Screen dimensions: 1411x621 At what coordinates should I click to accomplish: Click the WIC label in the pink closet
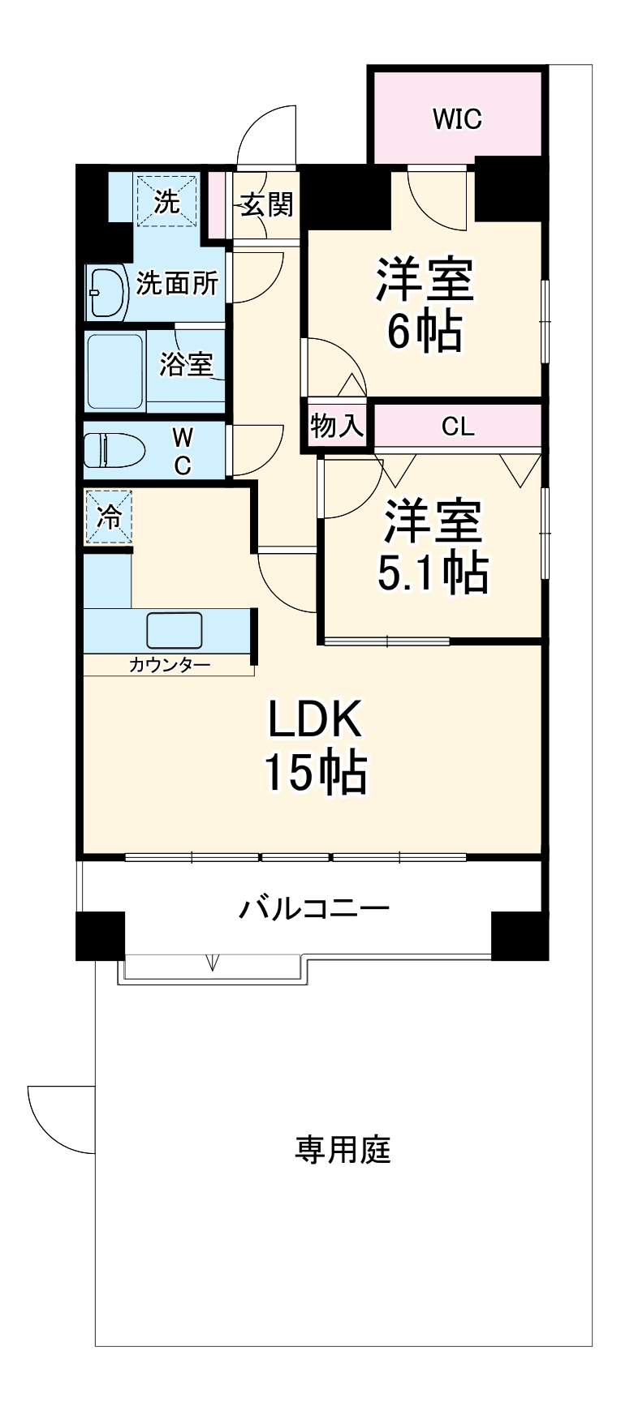pyautogui.click(x=457, y=119)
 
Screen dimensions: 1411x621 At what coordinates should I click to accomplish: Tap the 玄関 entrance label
pyautogui.click(x=266, y=204)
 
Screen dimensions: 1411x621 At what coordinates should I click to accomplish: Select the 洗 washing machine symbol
pyautogui.click(x=166, y=201)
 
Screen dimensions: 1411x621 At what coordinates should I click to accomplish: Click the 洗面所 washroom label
pyautogui.click(x=177, y=283)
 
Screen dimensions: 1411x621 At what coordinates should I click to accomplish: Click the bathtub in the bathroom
pyautogui.click(x=114, y=371)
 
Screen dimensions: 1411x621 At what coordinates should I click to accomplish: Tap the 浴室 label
pyautogui.click(x=186, y=364)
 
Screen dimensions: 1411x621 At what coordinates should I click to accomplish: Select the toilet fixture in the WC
pyautogui.click(x=114, y=450)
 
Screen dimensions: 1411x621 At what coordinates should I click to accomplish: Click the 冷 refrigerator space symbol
pyautogui.click(x=108, y=517)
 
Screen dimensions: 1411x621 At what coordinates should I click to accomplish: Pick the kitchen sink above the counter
pyautogui.click(x=175, y=629)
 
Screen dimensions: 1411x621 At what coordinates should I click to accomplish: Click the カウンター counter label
pyautogui.click(x=169, y=666)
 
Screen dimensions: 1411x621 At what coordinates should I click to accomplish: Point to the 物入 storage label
pyautogui.click(x=337, y=426)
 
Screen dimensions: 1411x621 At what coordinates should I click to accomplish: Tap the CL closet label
pyautogui.click(x=458, y=427)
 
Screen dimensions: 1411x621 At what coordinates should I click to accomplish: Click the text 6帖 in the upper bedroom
pyautogui.click(x=424, y=331)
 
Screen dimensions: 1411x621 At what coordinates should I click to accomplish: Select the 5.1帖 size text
pyautogui.click(x=433, y=574)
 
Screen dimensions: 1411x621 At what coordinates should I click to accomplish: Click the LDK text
pyautogui.click(x=314, y=719)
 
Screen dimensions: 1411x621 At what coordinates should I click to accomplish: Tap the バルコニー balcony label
pyautogui.click(x=313, y=907)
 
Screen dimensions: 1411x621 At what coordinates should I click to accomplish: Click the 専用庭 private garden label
pyautogui.click(x=343, y=1149)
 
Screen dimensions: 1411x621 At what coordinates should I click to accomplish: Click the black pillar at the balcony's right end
pyautogui.click(x=520, y=935)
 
